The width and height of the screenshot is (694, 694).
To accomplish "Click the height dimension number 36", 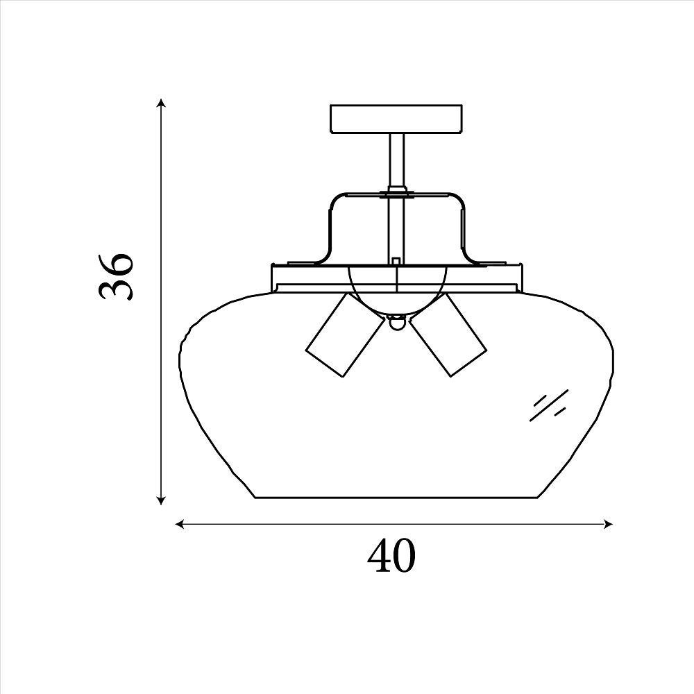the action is (115, 277).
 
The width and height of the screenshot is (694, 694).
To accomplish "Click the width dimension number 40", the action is (392, 555).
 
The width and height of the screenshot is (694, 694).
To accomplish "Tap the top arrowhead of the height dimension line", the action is (162, 103).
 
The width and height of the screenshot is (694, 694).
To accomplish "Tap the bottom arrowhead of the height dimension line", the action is (162, 500).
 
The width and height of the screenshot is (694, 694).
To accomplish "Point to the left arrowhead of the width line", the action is (180, 525).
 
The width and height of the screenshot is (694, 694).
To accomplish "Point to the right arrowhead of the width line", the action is (608, 525).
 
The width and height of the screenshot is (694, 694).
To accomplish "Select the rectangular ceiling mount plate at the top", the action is (396, 119).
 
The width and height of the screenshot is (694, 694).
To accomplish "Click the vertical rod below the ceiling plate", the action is (396, 162).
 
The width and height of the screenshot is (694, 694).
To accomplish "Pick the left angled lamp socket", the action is (345, 337).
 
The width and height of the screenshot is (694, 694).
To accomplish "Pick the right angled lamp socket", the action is (448, 337).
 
